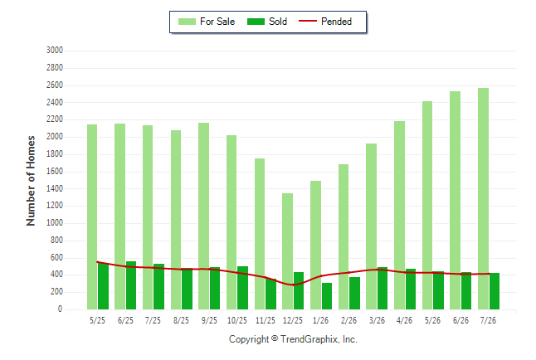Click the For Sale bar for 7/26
pos(483,198)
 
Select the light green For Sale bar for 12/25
pos(287,251)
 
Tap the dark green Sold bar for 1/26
pos(327,296)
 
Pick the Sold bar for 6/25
pos(131,285)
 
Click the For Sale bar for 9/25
pos(203,216)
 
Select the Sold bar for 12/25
pos(299,290)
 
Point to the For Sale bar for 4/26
pos(399,216)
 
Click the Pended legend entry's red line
pos(308,22)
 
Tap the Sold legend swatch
pos(256,22)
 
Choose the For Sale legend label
pos(217,22)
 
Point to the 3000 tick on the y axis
pos(55,51)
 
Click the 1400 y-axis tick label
pos(55,188)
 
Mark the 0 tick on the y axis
pos(61,309)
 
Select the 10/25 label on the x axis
pos(237,320)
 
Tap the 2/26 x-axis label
pos(348,320)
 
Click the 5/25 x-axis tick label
pos(97,320)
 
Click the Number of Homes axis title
pos(31,181)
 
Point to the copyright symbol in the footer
pos(275,338)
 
